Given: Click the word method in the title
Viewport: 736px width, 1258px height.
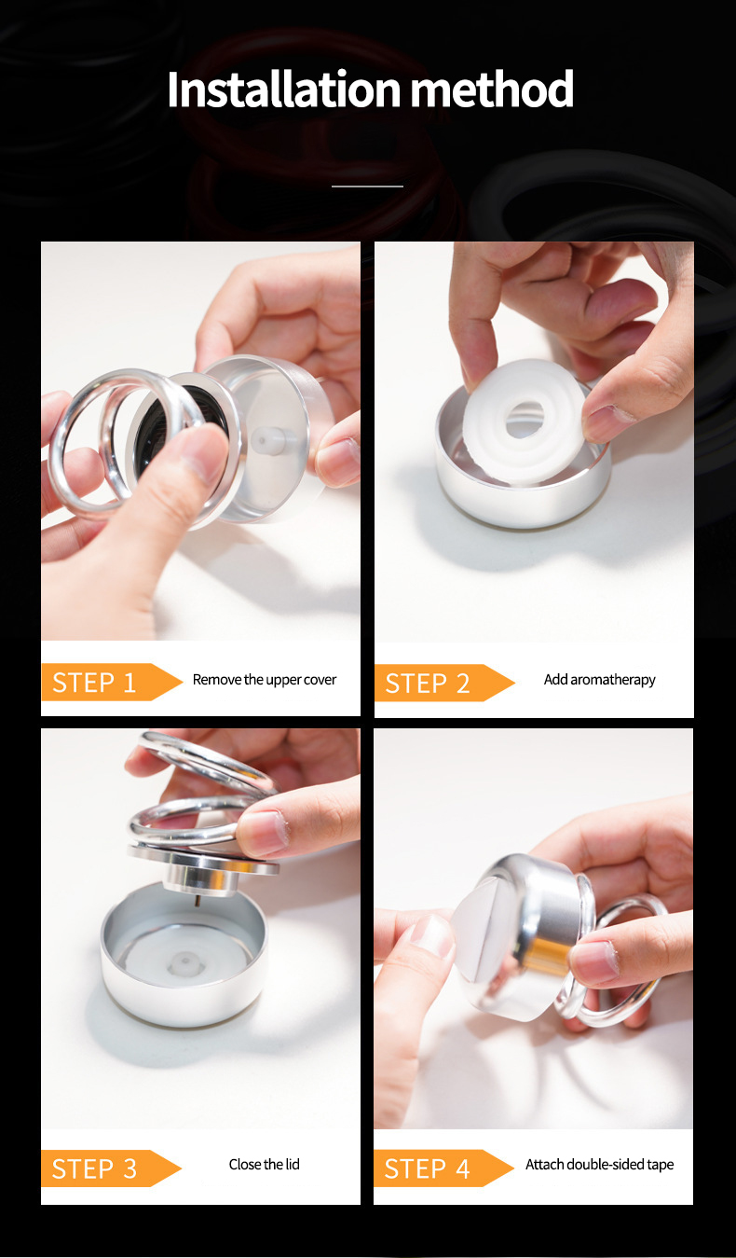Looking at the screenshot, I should pos(492,90).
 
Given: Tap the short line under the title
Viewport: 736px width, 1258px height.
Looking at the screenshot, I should pos(367,187).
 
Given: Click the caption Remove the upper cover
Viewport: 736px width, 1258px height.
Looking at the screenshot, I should pos(265,680).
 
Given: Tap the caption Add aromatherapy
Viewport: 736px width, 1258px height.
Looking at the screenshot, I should pos(599,680).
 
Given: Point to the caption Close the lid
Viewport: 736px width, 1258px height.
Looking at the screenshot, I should pos(265,1165).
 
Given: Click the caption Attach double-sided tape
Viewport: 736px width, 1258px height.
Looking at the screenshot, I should pos(599,1165).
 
